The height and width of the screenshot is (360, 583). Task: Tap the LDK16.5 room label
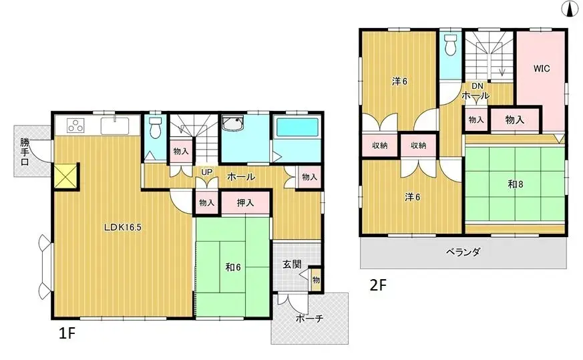[122, 226]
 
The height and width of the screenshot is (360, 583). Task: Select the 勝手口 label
[25, 152]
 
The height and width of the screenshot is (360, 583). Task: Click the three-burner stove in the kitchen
[75, 126]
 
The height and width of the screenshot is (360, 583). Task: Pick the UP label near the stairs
[207, 172]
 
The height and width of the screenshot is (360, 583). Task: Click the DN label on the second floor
[478, 86]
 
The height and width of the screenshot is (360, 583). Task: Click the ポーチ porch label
[309, 319]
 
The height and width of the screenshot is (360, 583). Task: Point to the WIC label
[541, 68]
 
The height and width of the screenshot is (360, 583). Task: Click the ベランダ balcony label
[463, 252]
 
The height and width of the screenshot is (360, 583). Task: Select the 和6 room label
[233, 267]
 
